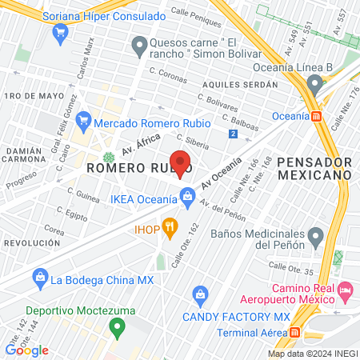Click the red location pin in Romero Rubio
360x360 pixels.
click(181, 162)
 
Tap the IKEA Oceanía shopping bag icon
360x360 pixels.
click(187, 195)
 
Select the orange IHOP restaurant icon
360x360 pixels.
click(170, 228)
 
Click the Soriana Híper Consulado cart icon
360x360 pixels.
click(59, 32)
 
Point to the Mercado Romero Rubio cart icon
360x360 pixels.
click(85, 124)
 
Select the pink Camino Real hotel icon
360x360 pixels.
click(346, 288)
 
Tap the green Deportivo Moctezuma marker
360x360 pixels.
click(118, 326)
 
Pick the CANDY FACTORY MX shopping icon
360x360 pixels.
click(199, 294)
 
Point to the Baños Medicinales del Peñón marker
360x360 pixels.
click(316, 236)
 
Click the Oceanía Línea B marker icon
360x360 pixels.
click(318, 85)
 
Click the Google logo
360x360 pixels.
click(27, 350)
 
